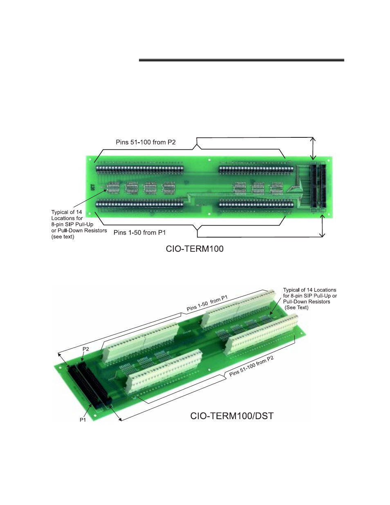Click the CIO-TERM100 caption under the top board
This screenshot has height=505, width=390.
195,249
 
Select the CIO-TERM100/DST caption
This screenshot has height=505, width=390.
232,416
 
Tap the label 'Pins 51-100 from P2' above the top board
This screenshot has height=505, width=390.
146,142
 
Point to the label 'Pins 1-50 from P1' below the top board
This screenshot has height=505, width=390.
139,233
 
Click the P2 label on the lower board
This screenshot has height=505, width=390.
86,349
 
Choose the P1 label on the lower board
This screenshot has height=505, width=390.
83,420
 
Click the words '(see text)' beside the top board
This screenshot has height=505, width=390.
63,237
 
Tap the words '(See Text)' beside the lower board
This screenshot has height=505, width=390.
297,307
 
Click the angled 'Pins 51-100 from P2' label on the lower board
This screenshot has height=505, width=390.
251,366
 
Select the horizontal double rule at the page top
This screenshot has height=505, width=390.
241,60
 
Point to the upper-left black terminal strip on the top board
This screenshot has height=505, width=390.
140,169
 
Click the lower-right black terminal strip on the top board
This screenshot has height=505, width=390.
256,204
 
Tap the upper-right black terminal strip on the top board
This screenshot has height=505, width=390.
256,169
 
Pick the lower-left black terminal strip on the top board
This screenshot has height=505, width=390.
139,204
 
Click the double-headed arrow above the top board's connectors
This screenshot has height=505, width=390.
313,149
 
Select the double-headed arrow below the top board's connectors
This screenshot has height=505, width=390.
322,226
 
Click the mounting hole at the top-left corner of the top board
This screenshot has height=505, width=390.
90,159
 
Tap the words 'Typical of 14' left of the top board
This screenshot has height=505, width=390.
67,212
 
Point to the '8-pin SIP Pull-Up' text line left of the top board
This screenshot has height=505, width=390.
72,224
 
